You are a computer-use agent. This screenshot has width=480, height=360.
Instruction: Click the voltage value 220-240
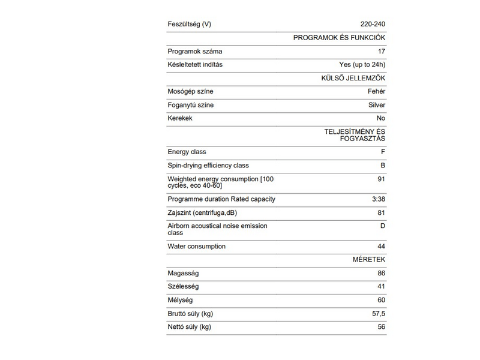(373, 24)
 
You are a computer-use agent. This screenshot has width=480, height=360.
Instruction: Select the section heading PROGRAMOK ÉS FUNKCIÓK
(339, 38)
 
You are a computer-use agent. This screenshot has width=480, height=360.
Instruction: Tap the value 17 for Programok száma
(382, 52)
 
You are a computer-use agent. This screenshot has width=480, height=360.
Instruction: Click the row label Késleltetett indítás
(195, 65)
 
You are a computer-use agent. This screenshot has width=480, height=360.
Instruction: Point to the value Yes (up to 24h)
(362, 65)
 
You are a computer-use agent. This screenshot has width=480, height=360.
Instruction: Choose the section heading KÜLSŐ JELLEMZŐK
(353, 78)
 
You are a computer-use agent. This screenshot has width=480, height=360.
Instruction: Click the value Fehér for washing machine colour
(377, 92)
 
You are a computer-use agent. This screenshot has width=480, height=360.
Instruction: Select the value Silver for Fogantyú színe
(377, 105)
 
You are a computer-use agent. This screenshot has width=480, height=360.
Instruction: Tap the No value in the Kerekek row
(381, 118)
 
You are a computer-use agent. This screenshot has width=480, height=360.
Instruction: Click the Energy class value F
(383, 152)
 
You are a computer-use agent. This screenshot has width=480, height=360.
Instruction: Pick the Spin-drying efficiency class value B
(383, 165)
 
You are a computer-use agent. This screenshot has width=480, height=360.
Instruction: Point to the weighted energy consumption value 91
(382, 179)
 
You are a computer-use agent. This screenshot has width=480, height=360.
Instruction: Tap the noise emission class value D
(383, 226)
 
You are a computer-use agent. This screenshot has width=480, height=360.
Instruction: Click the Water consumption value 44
(382, 246)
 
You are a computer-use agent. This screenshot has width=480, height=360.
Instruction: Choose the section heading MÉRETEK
(369, 260)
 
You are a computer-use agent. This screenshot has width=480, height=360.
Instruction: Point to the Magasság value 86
(382, 274)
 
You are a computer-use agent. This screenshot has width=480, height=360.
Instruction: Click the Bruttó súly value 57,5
(379, 314)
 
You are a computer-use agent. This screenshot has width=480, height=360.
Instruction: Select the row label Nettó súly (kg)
(190, 327)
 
